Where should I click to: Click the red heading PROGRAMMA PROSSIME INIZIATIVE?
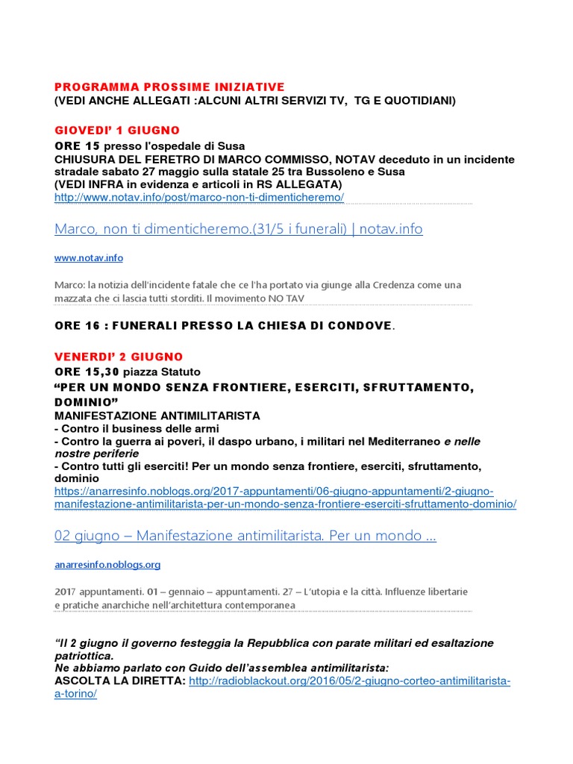[169, 87]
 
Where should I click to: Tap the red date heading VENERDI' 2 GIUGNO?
[119, 357]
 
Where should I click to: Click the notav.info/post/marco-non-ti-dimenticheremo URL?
[199, 197]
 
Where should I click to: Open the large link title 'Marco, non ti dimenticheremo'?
[239, 229]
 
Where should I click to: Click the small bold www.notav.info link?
[89, 258]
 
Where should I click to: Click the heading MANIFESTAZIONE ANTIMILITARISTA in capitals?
[157, 415]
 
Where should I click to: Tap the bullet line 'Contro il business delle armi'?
[137, 428]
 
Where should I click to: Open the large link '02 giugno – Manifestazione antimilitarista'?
[245, 536]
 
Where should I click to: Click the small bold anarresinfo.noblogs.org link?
[107, 565]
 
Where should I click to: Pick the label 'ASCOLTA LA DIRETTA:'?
[121, 681]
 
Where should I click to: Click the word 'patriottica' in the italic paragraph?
[84, 656]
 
